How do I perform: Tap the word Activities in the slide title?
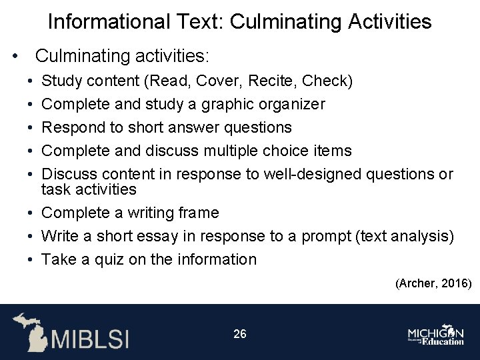(391, 22)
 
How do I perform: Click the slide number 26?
(240, 333)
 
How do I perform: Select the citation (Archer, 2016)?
(433, 283)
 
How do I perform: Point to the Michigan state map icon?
(30, 331)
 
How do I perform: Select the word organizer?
(291, 105)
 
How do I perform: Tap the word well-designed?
(313, 175)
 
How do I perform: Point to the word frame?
(197, 213)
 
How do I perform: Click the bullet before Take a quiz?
(31, 259)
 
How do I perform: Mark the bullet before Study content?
(31, 81)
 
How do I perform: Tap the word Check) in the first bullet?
(327, 81)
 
